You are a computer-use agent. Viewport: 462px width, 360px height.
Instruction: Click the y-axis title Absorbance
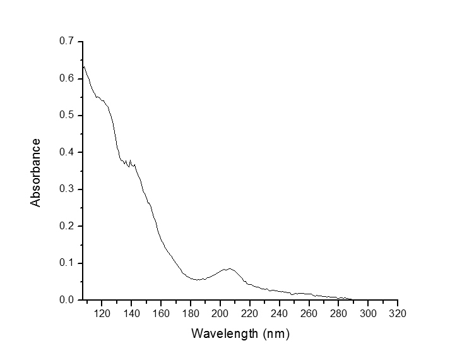click(35, 172)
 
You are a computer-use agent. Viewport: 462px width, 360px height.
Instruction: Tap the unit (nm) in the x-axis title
click(276, 333)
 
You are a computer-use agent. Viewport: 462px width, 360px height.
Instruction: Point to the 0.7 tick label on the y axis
click(67, 42)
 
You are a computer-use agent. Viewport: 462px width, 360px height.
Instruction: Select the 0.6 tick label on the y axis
click(67, 78)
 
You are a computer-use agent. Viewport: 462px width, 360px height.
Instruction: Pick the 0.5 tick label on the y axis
click(67, 116)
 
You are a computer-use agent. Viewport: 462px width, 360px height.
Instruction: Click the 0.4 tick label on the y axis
click(67, 152)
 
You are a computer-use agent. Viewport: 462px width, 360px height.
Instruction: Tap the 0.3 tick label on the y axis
click(67, 189)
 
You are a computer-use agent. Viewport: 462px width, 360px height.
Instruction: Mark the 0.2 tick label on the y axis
click(67, 226)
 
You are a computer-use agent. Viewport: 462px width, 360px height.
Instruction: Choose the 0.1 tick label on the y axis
click(67, 263)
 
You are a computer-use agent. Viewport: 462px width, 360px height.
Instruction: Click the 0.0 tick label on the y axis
click(67, 300)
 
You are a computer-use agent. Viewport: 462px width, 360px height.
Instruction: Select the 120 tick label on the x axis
click(102, 313)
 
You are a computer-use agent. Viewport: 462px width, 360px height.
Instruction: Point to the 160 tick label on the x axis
click(161, 313)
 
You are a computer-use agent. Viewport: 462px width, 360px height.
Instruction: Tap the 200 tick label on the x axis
click(220, 313)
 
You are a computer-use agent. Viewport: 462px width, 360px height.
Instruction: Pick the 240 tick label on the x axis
click(280, 313)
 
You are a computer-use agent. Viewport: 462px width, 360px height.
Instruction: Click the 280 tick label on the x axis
click(338, 313)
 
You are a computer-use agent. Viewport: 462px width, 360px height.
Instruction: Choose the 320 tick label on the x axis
click(398, 313)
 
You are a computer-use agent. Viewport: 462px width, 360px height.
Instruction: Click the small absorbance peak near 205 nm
click(228, 268)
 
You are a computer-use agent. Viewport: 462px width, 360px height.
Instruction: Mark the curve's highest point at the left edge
click(84, 66)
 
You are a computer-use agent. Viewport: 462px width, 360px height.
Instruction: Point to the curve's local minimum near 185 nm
click(198, 279)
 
